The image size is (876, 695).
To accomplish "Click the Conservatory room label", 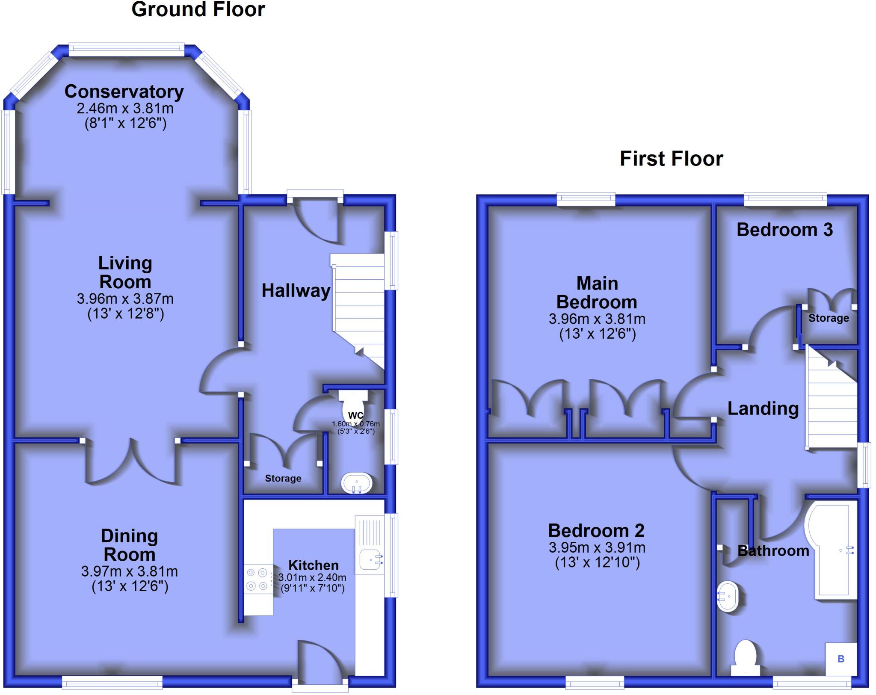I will tap(124, 92).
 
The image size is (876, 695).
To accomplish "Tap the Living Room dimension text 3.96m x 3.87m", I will tap(125, 299).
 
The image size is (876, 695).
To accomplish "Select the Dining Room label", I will tap(129, 545).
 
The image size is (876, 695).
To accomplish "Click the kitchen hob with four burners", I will tap(257, 579).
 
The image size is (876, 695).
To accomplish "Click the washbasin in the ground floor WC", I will tap(357, 484).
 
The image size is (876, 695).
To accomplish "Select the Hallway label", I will tap(296, 291).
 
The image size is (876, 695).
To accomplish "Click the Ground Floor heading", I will tap(198, 9).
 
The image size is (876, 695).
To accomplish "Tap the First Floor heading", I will tap(671, 159).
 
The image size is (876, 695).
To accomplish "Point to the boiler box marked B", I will tap(841, 659).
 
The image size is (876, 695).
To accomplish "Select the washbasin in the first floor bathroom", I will tap(727, 596).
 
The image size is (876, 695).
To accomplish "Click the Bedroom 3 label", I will tap(784, 230).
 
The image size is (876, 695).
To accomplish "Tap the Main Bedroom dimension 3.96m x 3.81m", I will tap(597, 319).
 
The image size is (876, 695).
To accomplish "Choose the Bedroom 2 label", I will tap(596, 531).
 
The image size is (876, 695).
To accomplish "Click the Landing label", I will tap(763, 408).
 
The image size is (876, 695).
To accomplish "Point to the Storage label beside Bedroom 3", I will tap(829, 318).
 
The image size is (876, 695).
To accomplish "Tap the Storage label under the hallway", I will tap(283, 478).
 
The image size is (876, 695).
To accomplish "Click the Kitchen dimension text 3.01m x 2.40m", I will tap(312, 577).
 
